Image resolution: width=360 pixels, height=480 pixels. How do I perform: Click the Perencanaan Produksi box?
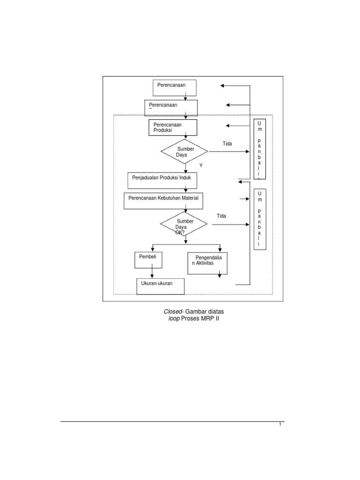[x=172, y=127]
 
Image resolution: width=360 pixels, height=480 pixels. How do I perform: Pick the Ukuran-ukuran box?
[x=160, y=285]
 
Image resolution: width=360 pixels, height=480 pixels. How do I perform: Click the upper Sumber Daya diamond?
[x=185, y=151]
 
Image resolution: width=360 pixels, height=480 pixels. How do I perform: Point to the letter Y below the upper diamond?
[x=201, y=165]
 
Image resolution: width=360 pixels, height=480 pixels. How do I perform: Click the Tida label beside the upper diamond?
[x=227, y=143]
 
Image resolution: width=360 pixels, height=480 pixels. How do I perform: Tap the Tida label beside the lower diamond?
[x=221, y=216]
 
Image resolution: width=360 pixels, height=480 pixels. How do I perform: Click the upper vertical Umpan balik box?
[x=260, y=149]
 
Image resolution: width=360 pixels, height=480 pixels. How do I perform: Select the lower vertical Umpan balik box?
[x=260, y=219]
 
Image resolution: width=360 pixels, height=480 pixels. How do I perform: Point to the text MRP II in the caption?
[x=210, y=319]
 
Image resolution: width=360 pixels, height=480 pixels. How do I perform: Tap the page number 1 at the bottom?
[x=280, y=425]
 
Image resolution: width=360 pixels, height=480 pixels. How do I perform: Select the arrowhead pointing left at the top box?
[x=223, y=86]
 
